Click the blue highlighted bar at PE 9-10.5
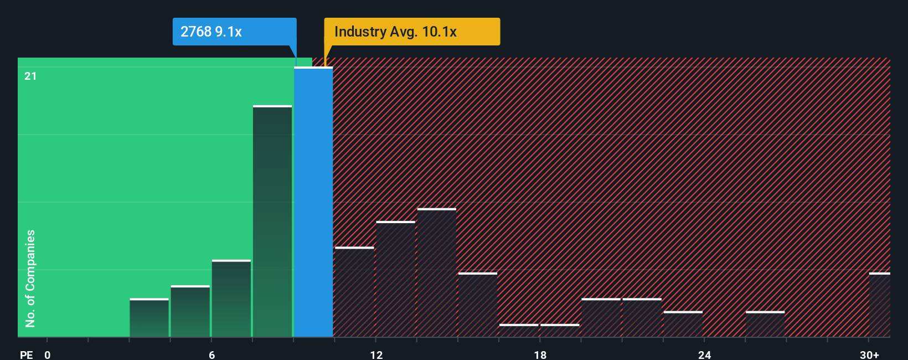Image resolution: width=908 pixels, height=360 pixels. coord(313,202)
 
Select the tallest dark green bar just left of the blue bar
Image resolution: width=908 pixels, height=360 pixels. coord(272,222)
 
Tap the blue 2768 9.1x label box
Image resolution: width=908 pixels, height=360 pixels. coord(234,32)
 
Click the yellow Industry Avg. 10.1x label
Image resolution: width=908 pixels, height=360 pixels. coord(412,32)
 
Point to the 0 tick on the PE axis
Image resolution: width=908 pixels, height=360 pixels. coord(48,354)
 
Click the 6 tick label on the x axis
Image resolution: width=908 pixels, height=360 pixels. coord(211,354)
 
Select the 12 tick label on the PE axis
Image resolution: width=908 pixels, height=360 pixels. coord(376,354)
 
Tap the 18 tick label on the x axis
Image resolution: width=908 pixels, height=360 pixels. coord(540,354)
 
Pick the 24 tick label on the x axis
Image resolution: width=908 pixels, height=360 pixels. coord(704,354)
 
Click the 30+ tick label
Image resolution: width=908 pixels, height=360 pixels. coord(869,354)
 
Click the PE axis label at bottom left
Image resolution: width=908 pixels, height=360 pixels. coord(27,354)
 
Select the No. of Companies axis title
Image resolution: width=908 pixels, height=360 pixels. coord(30,278)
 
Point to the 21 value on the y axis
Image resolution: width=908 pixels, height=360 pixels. coord(30,76)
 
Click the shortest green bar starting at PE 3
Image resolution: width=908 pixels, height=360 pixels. coord(149,318)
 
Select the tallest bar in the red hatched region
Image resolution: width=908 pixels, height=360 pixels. coord(437,273)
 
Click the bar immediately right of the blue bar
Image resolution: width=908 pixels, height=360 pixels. coord(354,292)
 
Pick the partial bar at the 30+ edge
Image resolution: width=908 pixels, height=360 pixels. coord(879,305)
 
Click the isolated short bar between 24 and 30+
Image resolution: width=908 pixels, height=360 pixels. coord(765,325)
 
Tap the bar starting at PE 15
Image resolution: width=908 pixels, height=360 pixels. coord(478,305)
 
